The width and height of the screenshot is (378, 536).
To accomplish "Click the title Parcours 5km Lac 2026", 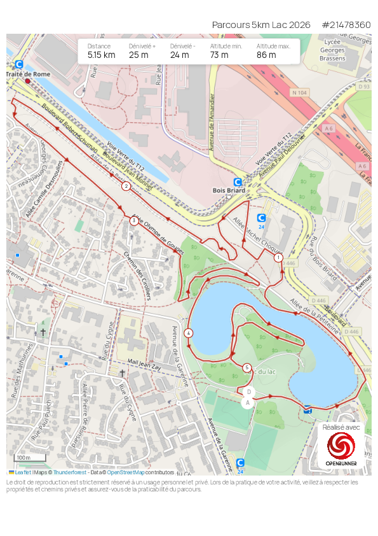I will tap(261, 25).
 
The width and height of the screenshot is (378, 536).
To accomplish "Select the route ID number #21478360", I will tap(346, 25).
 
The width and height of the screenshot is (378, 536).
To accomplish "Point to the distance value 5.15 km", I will tap(102, 55).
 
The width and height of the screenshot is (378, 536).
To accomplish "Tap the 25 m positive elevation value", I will tap(138, 55).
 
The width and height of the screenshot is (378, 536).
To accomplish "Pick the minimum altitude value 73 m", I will tap(219, 55).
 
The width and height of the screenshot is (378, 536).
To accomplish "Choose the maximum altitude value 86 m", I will tap(266, 55).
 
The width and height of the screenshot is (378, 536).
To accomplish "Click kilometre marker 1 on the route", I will tap(278, 258).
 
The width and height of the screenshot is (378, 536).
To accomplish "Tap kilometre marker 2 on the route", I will tap(126, 187).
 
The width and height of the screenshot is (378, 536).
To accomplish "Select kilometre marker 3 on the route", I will tap(133, 221).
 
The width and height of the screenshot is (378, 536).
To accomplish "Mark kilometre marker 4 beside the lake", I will tap(189, 333).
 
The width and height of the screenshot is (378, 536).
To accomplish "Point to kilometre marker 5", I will tap(247, 367).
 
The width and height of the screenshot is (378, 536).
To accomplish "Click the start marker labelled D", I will tap(249, 391).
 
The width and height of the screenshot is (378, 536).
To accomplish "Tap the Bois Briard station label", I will tap(229, 190).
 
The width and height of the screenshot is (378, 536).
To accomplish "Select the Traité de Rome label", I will tap(27, 74).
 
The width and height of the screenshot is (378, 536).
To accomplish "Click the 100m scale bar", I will tap(30, 458).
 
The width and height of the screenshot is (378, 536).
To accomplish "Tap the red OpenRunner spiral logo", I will tap(341, 446).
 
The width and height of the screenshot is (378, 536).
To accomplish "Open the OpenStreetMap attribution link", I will tap(125, 472).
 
